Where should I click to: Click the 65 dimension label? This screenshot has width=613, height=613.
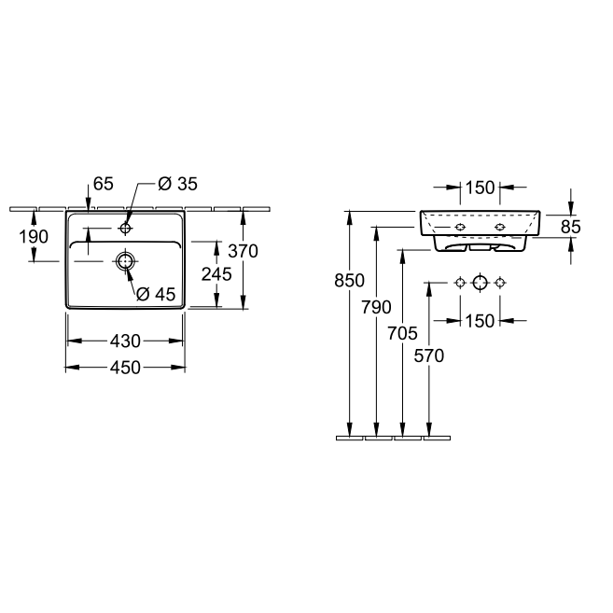[x=104, y=184]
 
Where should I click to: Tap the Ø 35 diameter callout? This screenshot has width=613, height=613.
[x=178, y=184]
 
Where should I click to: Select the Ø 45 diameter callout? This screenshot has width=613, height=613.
[x=156, y=294]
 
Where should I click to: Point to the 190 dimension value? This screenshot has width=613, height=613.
[x=34, y=236]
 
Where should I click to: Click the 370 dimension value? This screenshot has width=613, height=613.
[x=244, y=251]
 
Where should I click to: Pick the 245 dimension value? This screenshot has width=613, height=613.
[x=216, y=274]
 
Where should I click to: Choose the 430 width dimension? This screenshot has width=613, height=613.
[x=125, y=341]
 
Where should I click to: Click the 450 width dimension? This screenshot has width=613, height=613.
[x=125, y=368]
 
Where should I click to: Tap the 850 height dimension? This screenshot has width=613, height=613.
[x=350, y=280]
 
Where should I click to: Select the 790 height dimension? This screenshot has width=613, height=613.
[x=376, y=307]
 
